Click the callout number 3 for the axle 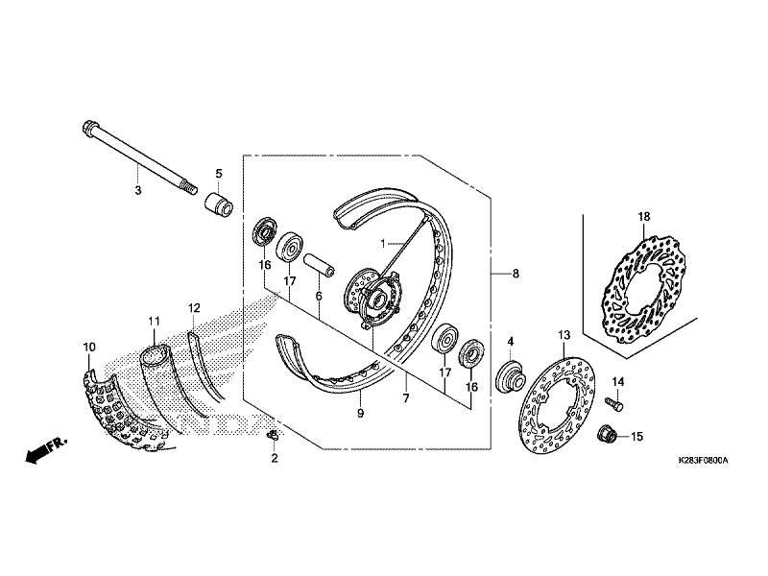coord(138,191)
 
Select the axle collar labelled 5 coord(216,204)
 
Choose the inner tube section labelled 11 coord(159,379)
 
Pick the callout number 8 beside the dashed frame coord(516,274)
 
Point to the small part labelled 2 coord(272,439)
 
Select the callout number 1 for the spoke coord(384,245)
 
